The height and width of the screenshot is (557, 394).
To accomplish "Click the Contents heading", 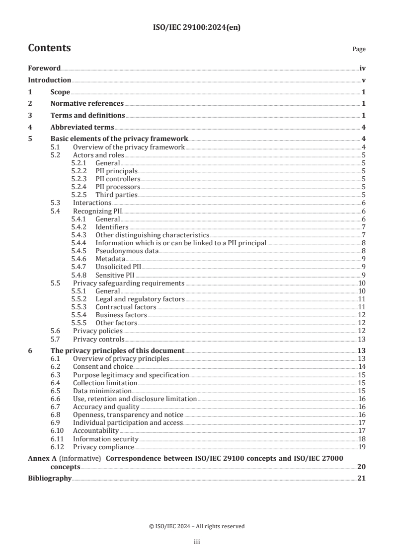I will (49, 48).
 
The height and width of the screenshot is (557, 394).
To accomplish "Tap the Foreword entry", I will (44, 69).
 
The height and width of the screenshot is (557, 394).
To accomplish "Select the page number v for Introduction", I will (364, 80).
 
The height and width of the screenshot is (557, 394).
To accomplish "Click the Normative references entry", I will (87, 104).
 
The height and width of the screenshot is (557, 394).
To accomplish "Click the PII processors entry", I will (118, 187).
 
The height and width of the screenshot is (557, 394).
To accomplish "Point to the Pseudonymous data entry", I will (127, 251).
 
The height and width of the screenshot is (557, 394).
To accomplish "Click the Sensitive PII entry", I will (115, 275).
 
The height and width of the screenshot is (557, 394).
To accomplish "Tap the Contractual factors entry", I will (126, 307).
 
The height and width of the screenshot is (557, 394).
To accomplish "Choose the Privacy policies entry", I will (97, 331).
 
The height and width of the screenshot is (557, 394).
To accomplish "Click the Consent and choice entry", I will (103, 367).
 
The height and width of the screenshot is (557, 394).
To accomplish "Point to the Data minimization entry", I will (102, 391).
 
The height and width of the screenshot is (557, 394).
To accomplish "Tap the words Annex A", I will (41, 459).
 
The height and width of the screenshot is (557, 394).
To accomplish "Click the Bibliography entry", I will (50, 479).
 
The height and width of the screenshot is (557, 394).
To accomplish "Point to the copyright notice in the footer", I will (197, 526).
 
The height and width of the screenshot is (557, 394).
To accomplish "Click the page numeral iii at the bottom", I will (197, 543).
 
